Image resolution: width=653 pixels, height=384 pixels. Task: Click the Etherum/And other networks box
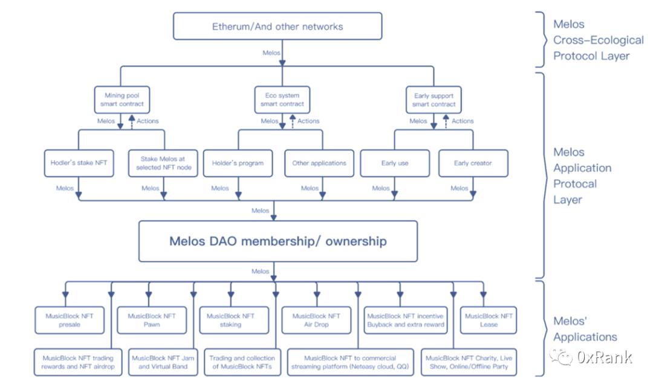click(x=278, y=27)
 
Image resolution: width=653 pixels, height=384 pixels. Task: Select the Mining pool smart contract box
click(x=122, y=100)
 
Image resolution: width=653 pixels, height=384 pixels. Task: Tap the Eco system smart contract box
click(x=282, y=100)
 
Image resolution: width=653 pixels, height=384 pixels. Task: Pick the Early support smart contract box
click(x=434, y=100)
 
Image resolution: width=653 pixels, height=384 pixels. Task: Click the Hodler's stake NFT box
click(x=79, y=163)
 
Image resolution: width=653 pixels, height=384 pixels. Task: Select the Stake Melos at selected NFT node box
click(x=163, y=163)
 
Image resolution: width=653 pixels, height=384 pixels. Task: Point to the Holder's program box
click(x=238, y=163)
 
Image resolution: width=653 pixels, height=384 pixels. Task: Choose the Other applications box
click(x=319, y=163)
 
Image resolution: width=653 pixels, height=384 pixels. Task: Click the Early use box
click(x=395, y=163)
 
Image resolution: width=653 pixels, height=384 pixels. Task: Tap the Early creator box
click(x=473, y=163)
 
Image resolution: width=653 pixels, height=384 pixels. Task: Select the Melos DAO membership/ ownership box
click(x=278, y=241)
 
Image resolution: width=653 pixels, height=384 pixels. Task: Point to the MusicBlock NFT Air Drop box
click(x=316, y=320)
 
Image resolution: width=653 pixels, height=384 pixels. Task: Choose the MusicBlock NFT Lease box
click(x=489, y=320)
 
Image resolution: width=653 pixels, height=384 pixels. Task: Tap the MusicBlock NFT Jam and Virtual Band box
click(x=163, y=362)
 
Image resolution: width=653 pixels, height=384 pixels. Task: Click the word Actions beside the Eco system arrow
click(x=308, y=121)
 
